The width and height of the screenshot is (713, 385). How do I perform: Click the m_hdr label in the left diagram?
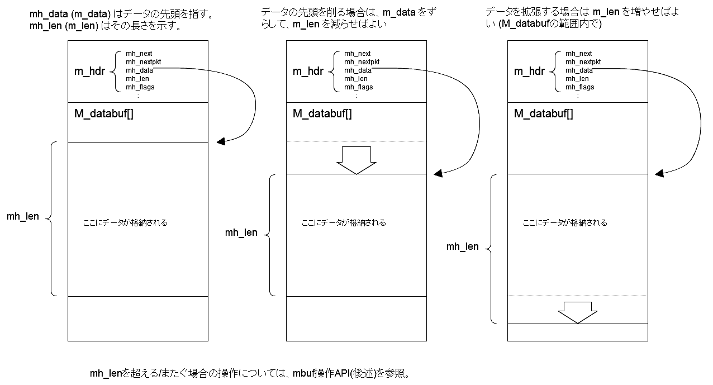[x=89, y=72]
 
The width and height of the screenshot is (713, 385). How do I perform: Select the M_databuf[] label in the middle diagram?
[x=322, y=113]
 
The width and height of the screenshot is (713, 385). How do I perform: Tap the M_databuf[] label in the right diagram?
[x=543, y=113]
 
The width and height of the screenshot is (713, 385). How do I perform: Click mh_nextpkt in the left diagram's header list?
[x=143, y=62]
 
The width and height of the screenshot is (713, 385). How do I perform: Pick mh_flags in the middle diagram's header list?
[x=358, y=87]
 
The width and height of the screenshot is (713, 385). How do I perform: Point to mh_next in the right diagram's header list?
[x=578, y=54]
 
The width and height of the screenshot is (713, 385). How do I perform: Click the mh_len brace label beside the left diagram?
[x=22, y=216]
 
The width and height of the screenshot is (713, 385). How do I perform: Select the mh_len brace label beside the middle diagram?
[x=241, y=232]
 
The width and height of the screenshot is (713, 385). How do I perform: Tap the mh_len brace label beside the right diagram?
[x=462, y=246]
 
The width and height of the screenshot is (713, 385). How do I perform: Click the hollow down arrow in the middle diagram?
[x=356, y=160]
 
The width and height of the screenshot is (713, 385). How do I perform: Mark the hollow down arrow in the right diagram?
[x=577, y=312]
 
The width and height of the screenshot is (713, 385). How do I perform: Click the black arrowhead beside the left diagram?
[x=221, y=141]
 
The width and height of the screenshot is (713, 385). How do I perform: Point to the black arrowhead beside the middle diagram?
[x=438, y=173]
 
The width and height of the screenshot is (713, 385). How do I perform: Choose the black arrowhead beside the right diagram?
[x=659, y=173]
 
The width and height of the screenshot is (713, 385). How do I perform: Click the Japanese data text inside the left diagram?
[x=125, y=223]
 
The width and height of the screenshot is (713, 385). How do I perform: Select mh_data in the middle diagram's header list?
[x=358, y=70]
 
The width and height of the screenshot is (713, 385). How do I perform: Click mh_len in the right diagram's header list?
[x=577, y=79]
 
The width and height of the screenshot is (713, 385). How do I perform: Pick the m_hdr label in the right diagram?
[x=529, y=72]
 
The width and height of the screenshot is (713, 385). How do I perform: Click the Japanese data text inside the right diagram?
[x=565, y=223]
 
